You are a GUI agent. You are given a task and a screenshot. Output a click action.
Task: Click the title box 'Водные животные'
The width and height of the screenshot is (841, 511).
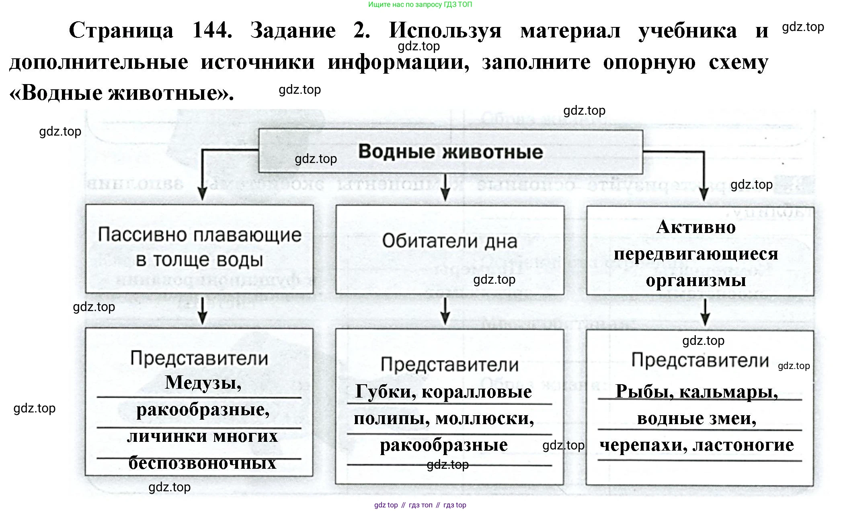point(450,152)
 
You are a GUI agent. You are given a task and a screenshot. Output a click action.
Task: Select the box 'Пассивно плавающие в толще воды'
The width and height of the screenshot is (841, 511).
point(199,248)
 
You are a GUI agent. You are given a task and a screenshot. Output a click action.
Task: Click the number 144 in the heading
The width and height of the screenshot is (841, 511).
point(212,31)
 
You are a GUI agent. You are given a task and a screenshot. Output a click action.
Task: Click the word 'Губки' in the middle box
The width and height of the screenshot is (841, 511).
point(386,391)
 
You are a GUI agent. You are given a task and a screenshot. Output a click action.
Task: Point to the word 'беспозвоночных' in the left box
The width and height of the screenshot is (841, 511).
point(202,463)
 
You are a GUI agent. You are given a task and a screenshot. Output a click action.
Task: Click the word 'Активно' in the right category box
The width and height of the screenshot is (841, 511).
point(696,227)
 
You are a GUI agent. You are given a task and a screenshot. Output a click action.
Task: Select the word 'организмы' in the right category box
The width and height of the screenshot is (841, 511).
point(696,280)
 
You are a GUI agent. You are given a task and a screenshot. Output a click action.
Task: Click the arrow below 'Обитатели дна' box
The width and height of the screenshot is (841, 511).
point(445,311)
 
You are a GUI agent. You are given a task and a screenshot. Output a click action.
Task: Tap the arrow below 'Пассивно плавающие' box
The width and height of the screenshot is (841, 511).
point(203,311)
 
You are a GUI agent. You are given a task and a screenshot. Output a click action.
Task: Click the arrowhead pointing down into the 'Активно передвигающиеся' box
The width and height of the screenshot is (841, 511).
point(704,195)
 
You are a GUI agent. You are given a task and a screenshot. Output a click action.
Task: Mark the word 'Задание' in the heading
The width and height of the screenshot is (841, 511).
point(293,31)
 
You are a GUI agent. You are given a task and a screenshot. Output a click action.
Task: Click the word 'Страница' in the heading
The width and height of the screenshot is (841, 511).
point(121,31)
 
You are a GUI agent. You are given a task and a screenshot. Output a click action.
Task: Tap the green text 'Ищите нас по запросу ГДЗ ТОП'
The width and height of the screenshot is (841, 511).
point(420,4)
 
